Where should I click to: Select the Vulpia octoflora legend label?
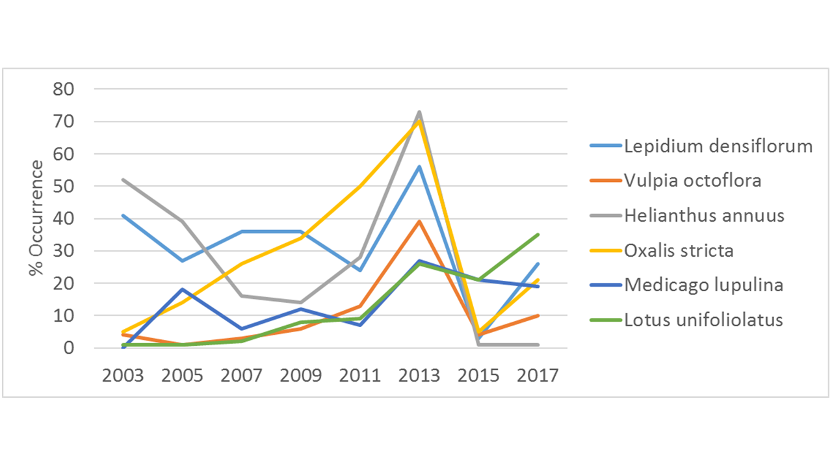(x=692, y=181)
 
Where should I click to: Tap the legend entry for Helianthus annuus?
(x=704, y=215)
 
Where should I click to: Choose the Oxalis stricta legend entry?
(x=679, y=250)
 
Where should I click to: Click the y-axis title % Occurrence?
(x=37, y=218)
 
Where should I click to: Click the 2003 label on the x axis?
(x=123, y=376)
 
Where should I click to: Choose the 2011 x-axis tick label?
(x=360, y=376)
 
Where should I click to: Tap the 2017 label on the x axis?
(x=538, y=376)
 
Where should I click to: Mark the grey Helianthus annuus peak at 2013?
(x=420, y=112)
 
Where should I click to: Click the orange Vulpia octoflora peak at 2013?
(x=420, y=222)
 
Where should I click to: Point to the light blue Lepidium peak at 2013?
(x=420, y=167)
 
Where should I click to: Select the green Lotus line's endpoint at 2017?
(x=538, y=235)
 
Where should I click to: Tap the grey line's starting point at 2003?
(x=123, y=179)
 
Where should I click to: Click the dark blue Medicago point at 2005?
(x=183, y=289)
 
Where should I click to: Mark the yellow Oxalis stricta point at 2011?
(x=360, y=187)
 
